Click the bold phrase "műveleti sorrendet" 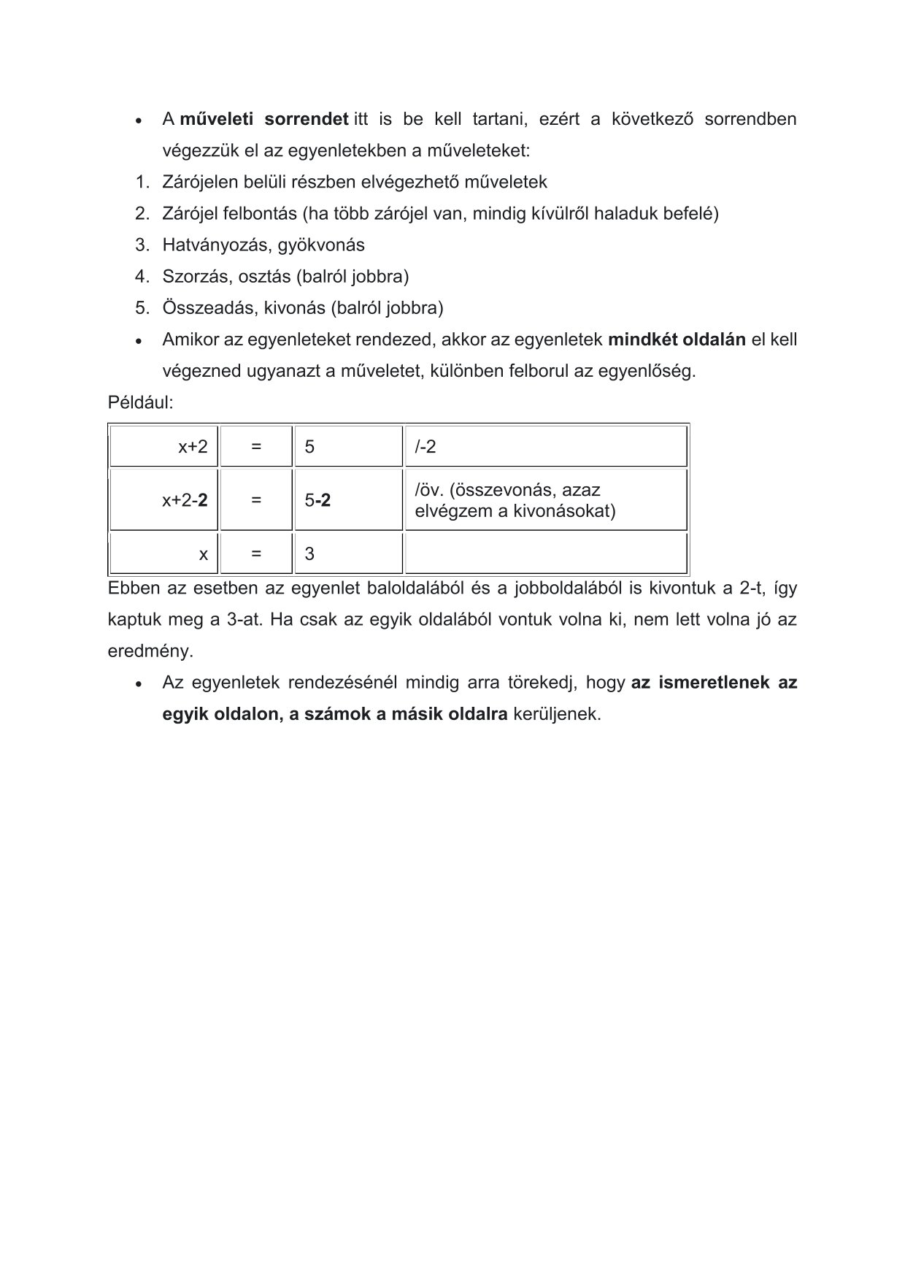[x=263, y=119]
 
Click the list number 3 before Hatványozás [x=141, y=245]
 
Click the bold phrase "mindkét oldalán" [x=677, y=340]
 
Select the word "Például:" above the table [x=141, y=402]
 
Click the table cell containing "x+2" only [x=164, y=447]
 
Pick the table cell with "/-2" [x=546, y=447]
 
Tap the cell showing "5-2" [x=348, y=500]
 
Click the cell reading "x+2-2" [x=164, y=500]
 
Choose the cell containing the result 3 [x=348, y=554]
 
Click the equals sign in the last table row [x=256, y=554]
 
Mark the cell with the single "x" [x=164, y=554]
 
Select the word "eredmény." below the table [x=150, y=651]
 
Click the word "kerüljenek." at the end [x=557, y=714]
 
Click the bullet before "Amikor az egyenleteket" [x=138, y=341]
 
